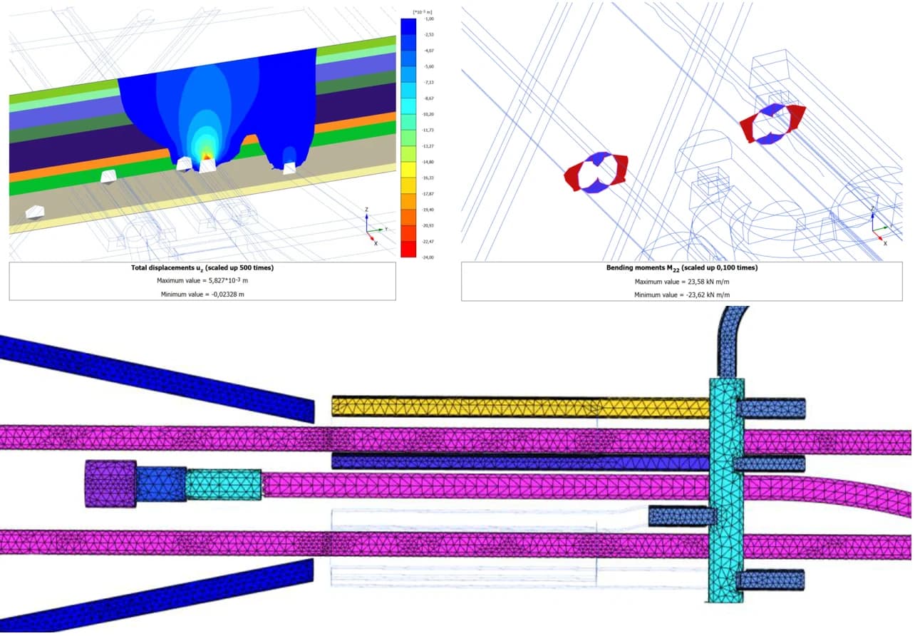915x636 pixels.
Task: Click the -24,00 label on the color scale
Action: coord(428,257)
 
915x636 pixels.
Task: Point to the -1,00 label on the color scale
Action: coord(428,19)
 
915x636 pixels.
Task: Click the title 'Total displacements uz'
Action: coord(202,268)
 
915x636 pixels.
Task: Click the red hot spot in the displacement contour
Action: coord(207,155)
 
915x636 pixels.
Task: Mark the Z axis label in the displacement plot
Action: coord(366,210)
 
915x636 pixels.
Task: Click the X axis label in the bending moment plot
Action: coord(885,243)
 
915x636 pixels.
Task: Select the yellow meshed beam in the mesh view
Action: coord(499,407)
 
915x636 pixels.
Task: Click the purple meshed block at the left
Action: coord(110,483)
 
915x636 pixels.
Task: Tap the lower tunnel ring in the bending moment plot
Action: coord(596,171)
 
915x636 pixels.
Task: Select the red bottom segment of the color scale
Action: coord(408,249)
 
